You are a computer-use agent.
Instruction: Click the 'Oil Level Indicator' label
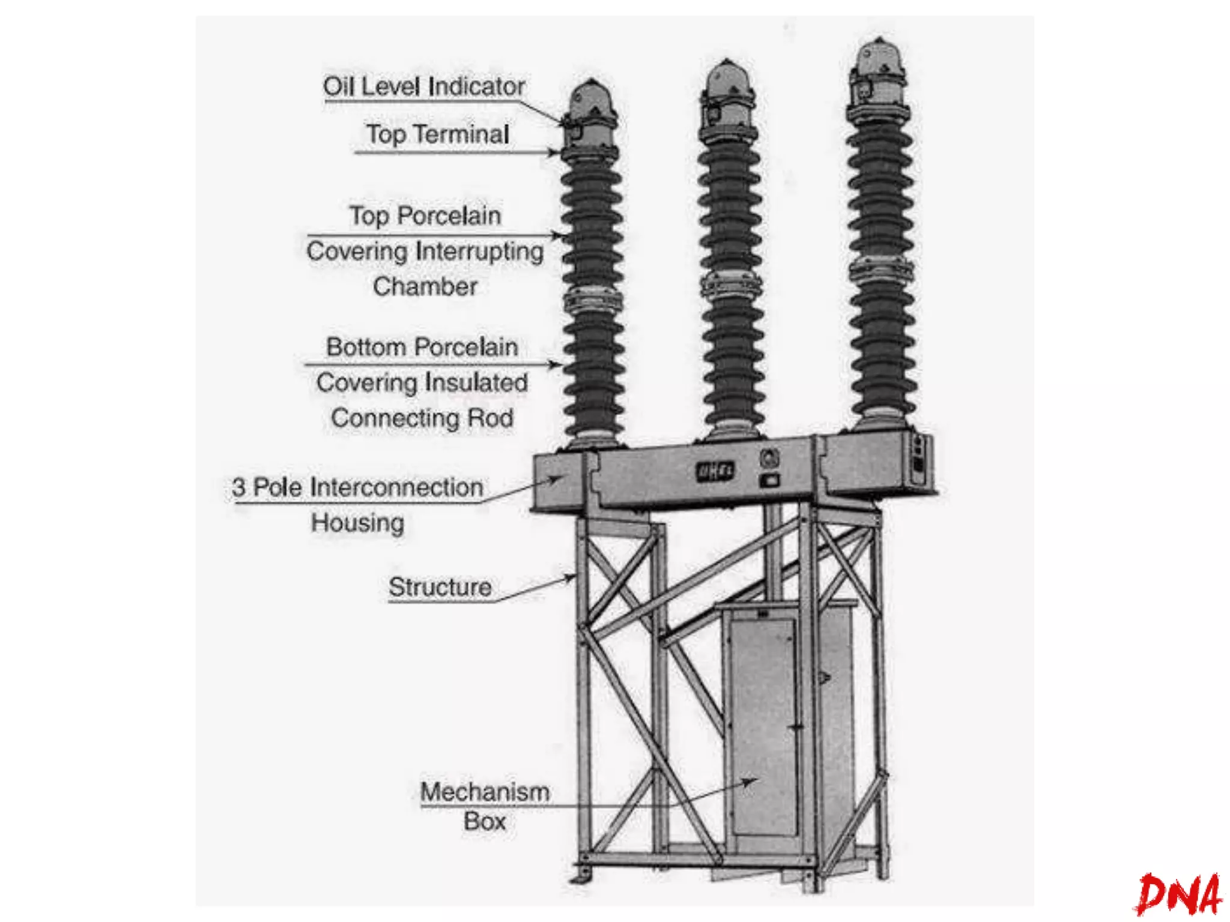(x=424, y=86)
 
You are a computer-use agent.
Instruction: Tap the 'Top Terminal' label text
(x=438, y=134)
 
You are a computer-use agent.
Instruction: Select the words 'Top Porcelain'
(x=425, y=215)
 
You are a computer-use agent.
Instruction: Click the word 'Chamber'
(x=425, y=286)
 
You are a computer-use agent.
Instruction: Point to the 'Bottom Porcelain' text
(x=422, y=347)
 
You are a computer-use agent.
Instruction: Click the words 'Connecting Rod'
(x=422, y=418)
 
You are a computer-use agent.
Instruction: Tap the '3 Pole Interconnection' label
(x=358, y=487)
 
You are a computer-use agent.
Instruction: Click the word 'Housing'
(x=358, y=522)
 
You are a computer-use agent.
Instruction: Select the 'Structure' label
(x=440, y=587)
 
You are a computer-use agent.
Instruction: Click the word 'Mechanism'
(x=485, y=792)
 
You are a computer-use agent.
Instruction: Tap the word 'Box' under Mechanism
(x=485, y=821)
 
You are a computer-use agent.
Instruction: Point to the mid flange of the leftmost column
(x=592, y=299)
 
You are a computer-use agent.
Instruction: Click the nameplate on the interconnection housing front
(x=715, y=471)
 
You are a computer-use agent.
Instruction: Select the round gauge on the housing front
(x=769, y=459)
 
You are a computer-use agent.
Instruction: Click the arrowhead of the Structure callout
(x=570, y=578)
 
